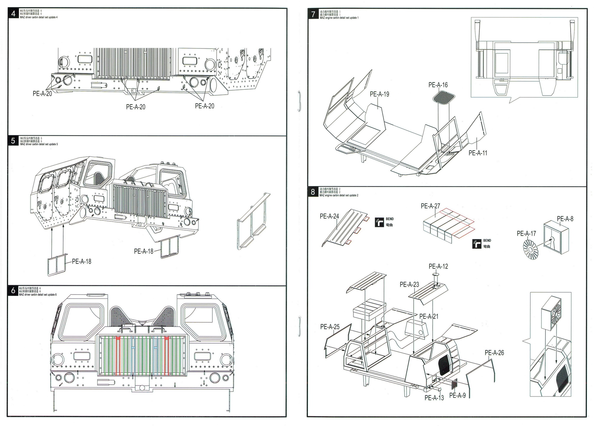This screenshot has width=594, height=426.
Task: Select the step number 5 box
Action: (13, 141)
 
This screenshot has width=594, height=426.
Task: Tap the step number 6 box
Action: (13, 291)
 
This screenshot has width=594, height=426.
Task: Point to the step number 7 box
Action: (313, 14)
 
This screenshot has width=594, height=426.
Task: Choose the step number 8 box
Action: (313, 192)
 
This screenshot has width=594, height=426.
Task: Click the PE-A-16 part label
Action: (438, 85)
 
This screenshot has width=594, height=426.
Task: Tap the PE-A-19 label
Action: (379, 94)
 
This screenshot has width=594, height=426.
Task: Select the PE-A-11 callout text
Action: (478, 153)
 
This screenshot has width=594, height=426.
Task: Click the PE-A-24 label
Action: (329, 216)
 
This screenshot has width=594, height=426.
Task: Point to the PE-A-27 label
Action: (430, 206)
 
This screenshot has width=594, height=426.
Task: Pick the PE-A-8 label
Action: (565, 219)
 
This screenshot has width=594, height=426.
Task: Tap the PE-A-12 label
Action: (438, 266)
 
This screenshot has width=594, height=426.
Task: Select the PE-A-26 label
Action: (494, 353)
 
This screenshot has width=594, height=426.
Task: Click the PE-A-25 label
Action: (330, 327)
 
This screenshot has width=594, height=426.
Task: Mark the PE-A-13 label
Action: (434, 398)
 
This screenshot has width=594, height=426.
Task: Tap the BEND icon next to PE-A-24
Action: (380, 222)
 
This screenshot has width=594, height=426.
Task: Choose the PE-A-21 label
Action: (428, 317)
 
